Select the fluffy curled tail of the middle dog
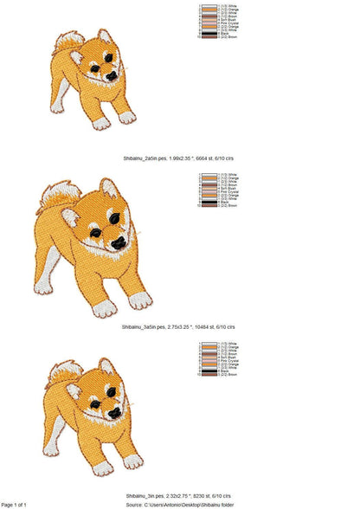(55, 198)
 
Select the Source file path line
(182, 504)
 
